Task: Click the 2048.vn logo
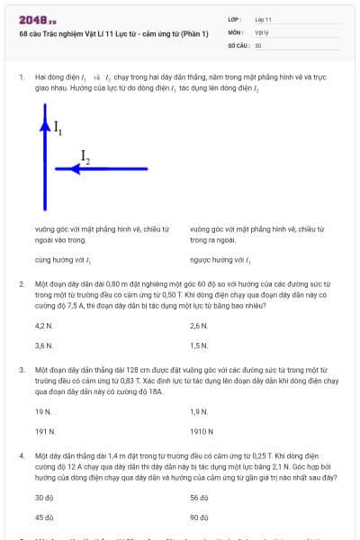(x=38, y=20)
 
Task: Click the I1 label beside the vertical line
(x=58, y=128)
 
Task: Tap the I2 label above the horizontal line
(x=85, y=157)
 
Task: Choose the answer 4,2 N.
(x=43, y=326)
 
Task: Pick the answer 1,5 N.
(x=199, y=345)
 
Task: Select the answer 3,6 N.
(x=43, y=345)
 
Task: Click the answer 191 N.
(x=43, y=431)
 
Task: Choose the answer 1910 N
(x=202, y=431)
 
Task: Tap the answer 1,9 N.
(x=199, y=411)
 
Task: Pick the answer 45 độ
(x=44, y=517)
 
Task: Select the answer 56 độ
(x=200, y=498)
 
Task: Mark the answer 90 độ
(x=200, y=517)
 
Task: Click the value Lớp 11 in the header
(x=264, y=19)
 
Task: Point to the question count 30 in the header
(x=258, y=45)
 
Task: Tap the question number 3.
(x=21, y=370)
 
